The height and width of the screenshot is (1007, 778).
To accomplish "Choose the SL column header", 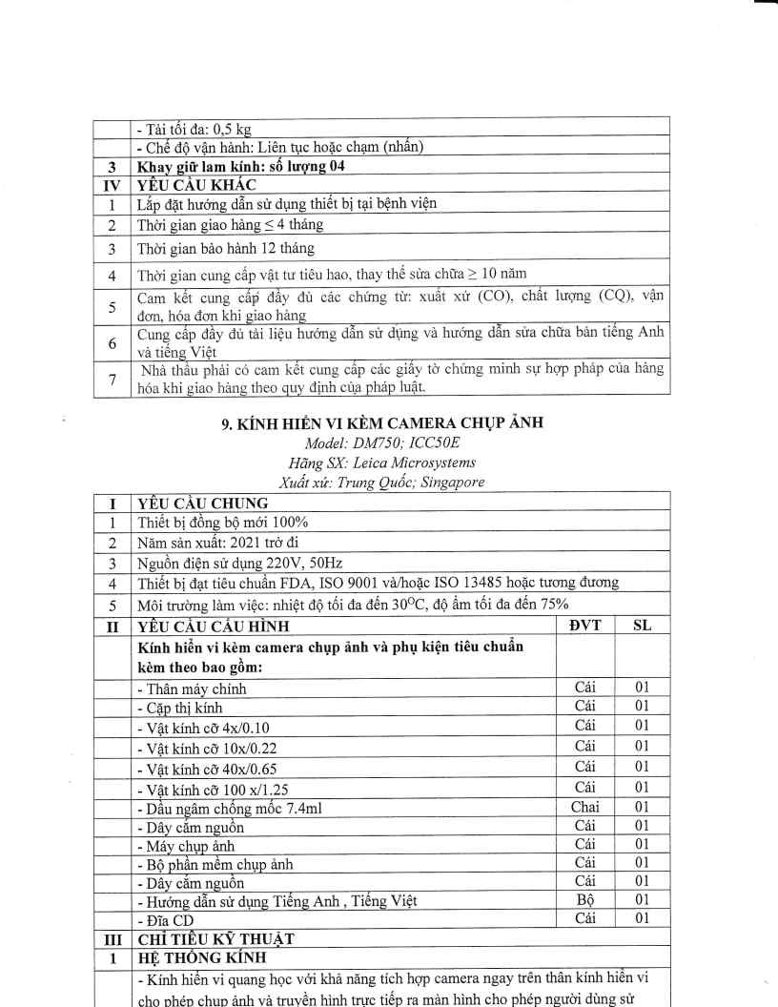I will (x=642, y=627).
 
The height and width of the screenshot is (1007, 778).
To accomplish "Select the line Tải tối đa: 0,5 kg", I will (x=194, y=130).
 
